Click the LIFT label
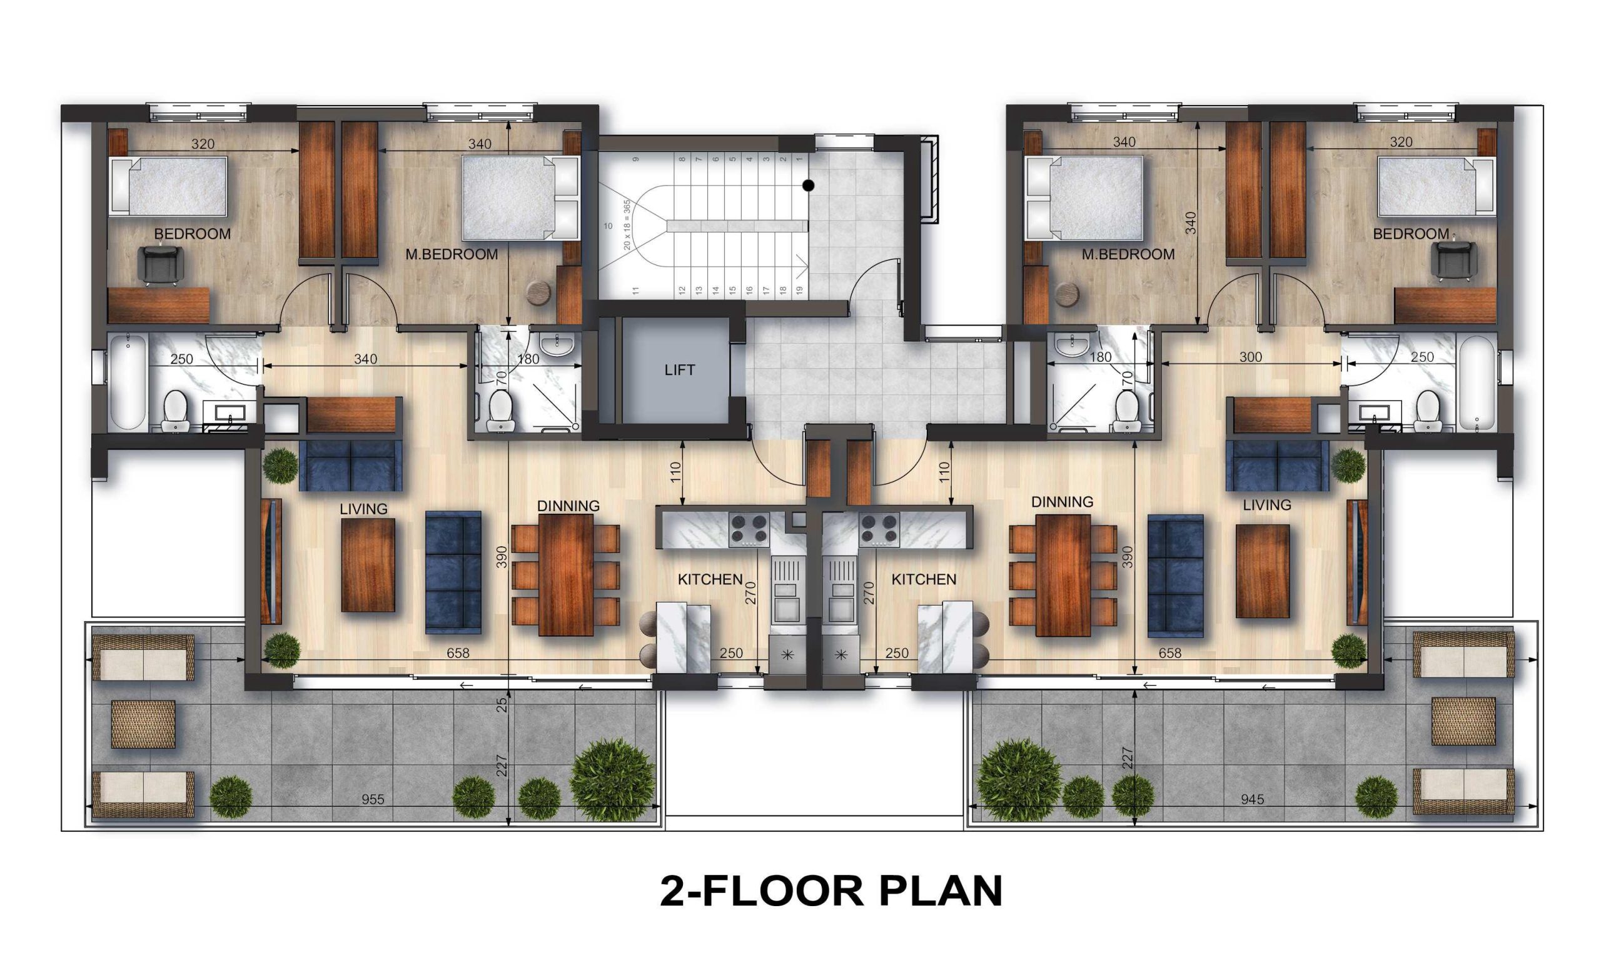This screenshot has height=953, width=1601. point(679,370)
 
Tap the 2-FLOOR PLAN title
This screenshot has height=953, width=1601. point(831,891)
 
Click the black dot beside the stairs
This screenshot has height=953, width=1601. point(808,186)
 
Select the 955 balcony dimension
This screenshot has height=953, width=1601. point(373,799)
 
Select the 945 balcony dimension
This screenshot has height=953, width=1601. point(1252,799)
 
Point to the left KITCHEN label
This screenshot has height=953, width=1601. point(710,579)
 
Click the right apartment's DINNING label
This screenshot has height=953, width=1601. point(1062,502)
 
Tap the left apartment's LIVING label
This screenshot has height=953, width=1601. point(363,509)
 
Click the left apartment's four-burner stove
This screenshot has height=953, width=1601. point(749,530)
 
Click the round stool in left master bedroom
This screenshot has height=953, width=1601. point(538,292)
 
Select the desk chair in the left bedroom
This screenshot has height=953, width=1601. point(161,264)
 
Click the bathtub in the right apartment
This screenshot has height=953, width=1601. point(1477,382)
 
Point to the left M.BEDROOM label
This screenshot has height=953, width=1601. point(452,254)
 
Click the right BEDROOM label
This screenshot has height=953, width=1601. point(1411,234)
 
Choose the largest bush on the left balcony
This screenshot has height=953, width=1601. point(612,779)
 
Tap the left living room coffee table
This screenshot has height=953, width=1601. point(368,565)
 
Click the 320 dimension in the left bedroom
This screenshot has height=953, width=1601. point(203,144)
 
